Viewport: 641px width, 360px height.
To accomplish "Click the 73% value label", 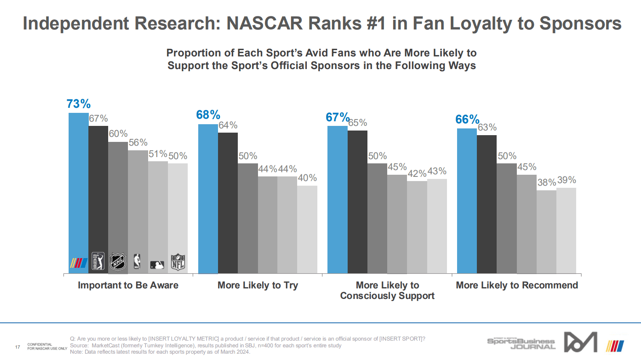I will pos(79,104).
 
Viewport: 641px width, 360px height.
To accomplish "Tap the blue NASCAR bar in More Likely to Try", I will pos(208,198).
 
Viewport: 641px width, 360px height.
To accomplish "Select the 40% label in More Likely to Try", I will pos(307,178).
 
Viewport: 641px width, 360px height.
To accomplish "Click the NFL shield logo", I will pos(178,262).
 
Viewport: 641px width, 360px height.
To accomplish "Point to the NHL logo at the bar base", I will pos(118,262).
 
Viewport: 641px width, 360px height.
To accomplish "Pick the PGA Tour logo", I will pos(98,261).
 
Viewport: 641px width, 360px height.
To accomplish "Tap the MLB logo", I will pos(157,265).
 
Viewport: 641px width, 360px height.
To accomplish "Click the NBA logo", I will pos(137,261).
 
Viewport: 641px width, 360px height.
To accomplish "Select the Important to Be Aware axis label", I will pos(128,285).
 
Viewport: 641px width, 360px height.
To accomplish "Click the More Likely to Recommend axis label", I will pos(517,285).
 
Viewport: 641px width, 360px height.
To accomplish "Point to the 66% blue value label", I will pos(467,120).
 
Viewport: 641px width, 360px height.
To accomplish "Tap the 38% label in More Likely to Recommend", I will pos(546,183).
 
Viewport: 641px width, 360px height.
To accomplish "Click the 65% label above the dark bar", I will pos(358,123).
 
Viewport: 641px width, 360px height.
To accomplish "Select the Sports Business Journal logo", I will pos(521,344).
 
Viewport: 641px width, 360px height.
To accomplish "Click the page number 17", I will pos(18,347).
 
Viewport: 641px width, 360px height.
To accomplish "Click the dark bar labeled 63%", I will pos(487,204).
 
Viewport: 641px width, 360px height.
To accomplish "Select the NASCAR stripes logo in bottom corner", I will pos(615,346).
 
